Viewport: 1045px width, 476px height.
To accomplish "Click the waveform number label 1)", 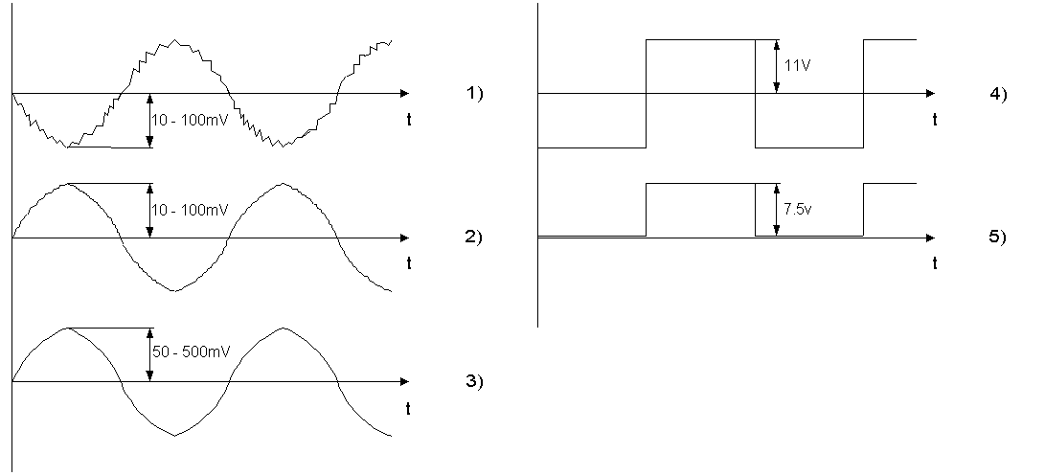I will point(474,94).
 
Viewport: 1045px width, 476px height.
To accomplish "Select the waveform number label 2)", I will point(474,238).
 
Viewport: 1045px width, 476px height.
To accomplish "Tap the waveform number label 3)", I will point(474,381).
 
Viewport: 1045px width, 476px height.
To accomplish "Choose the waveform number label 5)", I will point(999,238).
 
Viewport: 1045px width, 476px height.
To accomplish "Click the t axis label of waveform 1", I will point(409,121).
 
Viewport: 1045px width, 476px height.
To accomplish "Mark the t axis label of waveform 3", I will point(409,409).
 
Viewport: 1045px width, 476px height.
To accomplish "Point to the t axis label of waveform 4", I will point(934,121).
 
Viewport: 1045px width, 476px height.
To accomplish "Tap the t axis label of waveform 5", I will point(934,264).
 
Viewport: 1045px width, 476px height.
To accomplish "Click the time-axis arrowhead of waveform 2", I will point(406,238).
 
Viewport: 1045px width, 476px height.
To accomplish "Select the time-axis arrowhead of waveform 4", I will point(931,94).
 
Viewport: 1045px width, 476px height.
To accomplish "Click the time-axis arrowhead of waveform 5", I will point(931,238).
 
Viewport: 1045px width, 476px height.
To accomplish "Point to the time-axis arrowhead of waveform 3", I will point(406,381).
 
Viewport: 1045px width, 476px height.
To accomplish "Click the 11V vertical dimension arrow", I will point(775,66).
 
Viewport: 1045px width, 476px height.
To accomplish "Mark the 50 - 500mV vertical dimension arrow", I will point(149,354).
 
